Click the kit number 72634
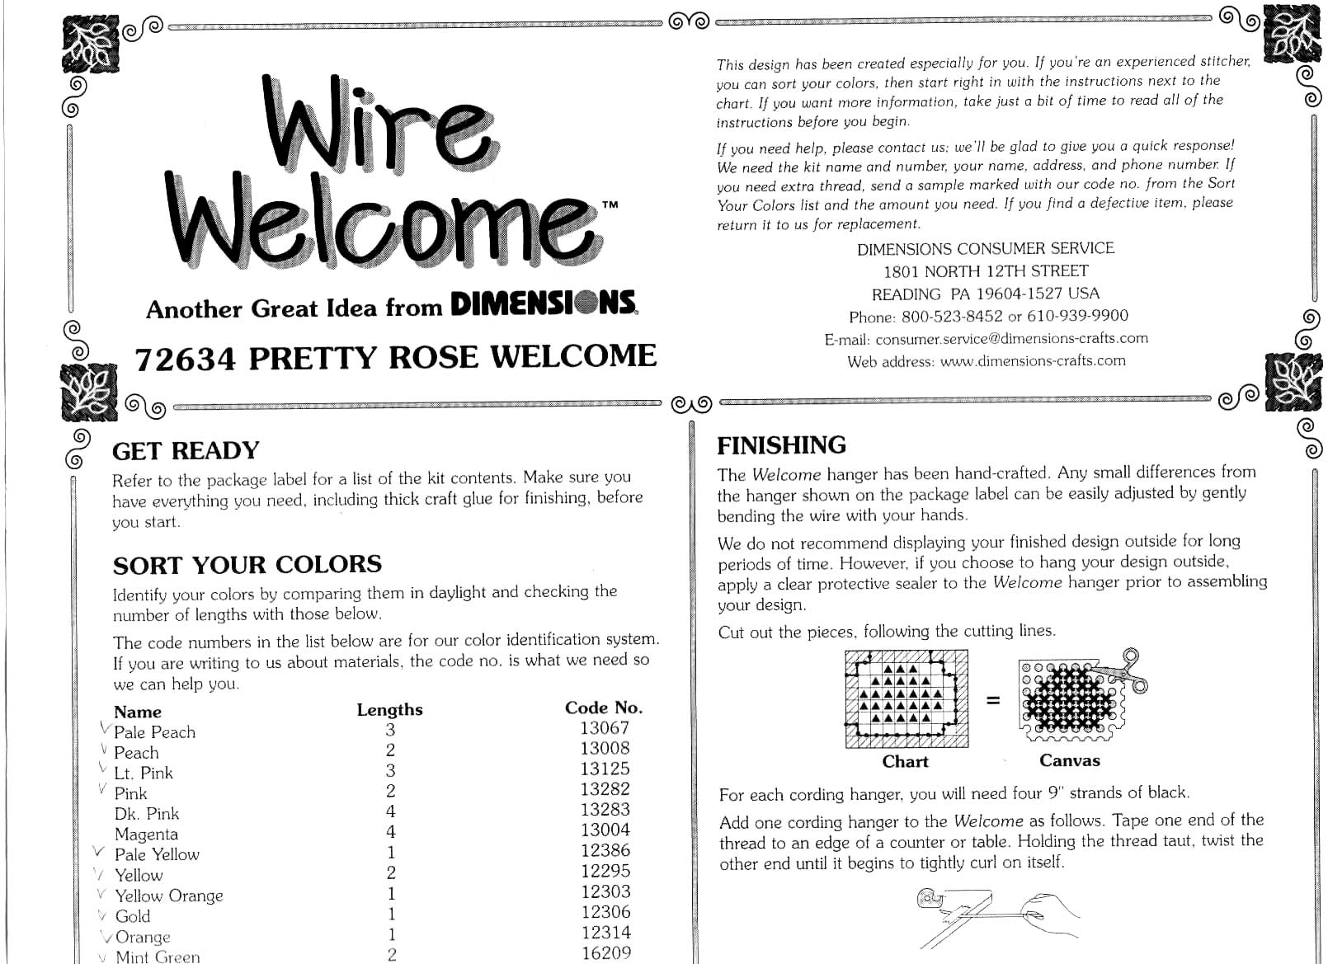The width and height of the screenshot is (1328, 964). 185,360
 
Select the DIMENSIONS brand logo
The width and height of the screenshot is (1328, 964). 544,303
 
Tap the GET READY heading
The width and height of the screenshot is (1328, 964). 186,450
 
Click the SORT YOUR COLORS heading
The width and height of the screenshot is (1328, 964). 247,564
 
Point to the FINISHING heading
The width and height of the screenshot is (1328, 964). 781,445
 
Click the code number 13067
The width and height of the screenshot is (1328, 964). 604,727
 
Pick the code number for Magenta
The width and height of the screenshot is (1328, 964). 605,830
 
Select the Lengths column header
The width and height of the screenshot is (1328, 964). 389,710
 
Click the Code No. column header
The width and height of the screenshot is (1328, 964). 604,708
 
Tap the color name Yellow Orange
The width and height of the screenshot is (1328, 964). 169,896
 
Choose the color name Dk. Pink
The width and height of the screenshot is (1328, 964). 147,813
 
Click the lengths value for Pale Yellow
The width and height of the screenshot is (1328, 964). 391,852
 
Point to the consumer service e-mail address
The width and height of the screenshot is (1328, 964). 1011,339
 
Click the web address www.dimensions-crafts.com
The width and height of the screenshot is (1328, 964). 1033,361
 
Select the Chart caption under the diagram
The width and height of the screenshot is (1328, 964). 905,761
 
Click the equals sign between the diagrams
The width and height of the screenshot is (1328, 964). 992,700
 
